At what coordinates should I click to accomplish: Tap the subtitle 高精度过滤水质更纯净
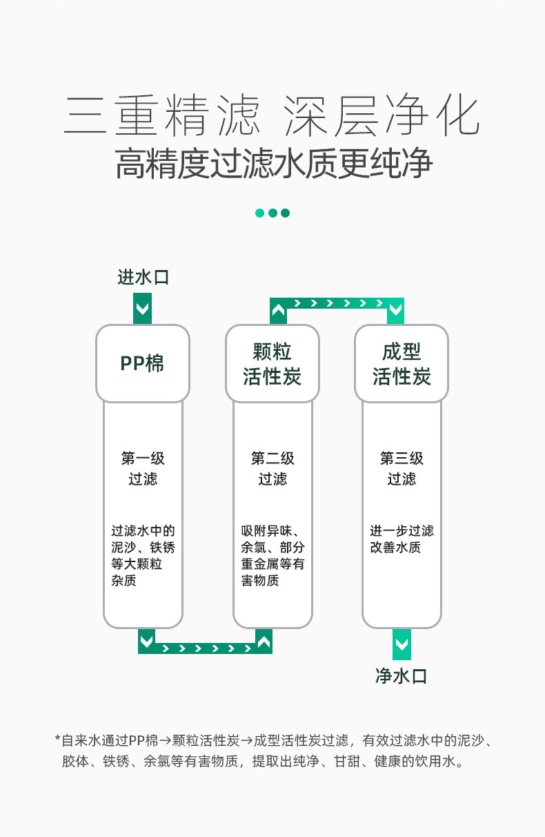coord(274,163)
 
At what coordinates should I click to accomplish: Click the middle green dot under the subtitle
coord(272,213)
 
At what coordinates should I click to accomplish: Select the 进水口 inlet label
coord(143,277)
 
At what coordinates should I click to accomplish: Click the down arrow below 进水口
coord(143,309)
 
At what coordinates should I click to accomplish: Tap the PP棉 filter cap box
coord(143,363)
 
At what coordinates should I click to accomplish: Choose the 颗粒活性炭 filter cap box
coord(272,363)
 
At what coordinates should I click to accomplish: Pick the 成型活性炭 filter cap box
coord(402,363)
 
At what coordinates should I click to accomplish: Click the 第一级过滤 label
coord(143,468)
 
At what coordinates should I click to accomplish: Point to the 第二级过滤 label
coord(272,468)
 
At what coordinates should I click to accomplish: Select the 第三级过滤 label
coord(402,468)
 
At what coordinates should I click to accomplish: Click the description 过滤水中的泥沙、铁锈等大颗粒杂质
coord(143,556)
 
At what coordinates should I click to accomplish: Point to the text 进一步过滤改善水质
coord(402,539)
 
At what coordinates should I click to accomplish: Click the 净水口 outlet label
coord(401,676)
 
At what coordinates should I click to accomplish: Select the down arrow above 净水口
coord(402,644)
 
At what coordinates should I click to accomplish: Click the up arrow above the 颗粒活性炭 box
coord(279,311)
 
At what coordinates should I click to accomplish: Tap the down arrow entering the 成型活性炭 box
coord(396,311)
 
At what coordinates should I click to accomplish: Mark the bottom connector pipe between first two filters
coord(205,648)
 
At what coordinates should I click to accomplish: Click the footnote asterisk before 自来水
coord(57,738)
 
